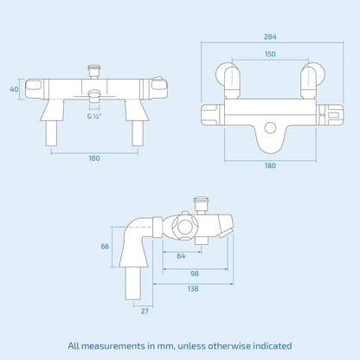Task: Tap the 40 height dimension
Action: pos(14,88)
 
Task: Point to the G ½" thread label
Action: pos(93,115)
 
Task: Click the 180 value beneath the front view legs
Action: pos(93,157)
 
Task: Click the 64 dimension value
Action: pos(181,255)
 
